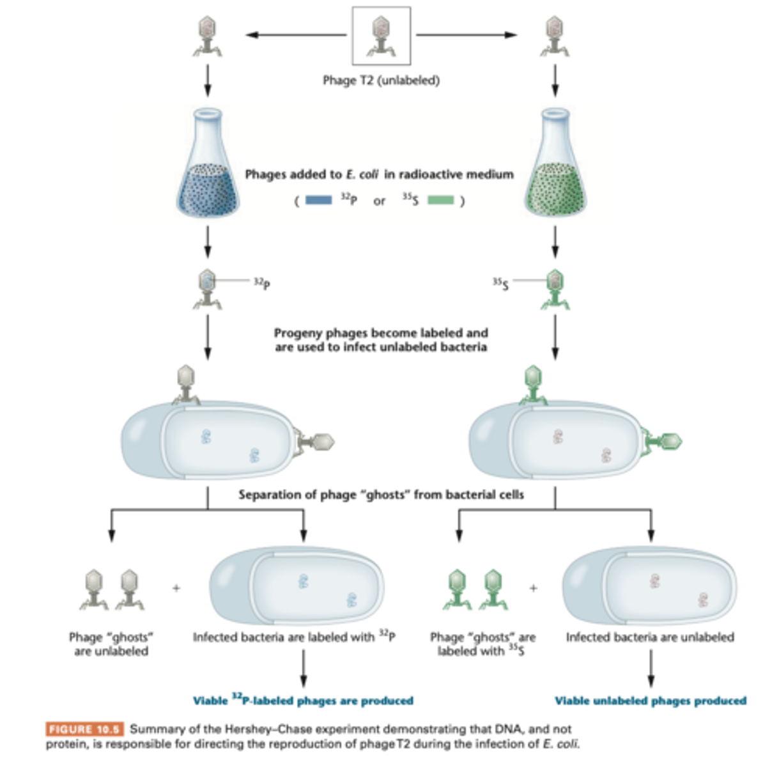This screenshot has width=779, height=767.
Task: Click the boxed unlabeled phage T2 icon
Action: [381, 36]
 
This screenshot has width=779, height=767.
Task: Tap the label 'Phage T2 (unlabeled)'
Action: [381, 81]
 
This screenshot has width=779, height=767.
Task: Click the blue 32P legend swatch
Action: [319, 200]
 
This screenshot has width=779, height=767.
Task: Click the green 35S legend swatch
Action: [440, 200]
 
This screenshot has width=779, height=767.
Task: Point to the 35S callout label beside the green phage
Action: [500, 283]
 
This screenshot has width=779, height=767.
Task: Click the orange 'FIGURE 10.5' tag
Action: [84, 729]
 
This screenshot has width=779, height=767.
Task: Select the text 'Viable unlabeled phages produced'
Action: [650, 701]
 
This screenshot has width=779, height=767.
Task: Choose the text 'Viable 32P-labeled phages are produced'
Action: [303, 701]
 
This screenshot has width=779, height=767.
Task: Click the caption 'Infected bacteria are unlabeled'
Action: [650, 637]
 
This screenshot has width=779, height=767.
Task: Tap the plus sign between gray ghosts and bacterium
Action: [176, 587]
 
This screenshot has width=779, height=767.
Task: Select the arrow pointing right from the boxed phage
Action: [466, 35]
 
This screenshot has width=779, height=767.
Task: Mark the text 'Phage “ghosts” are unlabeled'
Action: [111, 644]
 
